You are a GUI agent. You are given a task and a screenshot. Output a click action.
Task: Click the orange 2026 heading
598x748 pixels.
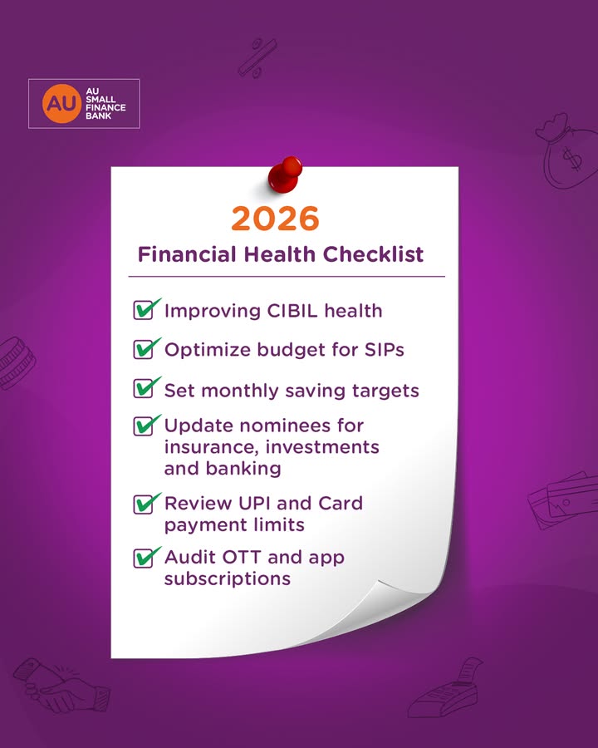pos(275,218)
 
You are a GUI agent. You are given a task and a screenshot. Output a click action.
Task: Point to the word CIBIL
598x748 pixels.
pos(292,311)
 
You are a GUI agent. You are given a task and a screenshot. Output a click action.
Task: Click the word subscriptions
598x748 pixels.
pos(227,578)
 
